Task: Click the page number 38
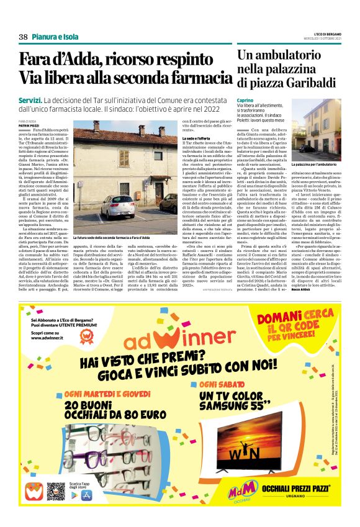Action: coord(24,37)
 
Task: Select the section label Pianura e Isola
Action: coord(55,37)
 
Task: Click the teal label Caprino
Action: coord(245,99)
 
